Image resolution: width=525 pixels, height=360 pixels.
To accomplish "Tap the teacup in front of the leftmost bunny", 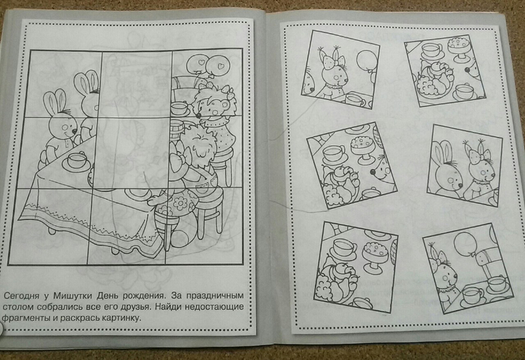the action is coord(77,160).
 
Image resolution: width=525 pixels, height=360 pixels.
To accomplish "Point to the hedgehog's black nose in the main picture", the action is coord(198,115).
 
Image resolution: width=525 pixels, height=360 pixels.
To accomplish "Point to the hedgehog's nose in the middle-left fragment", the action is coord(373,172).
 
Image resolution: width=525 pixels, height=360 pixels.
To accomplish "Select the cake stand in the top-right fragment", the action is coord(459,48).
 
